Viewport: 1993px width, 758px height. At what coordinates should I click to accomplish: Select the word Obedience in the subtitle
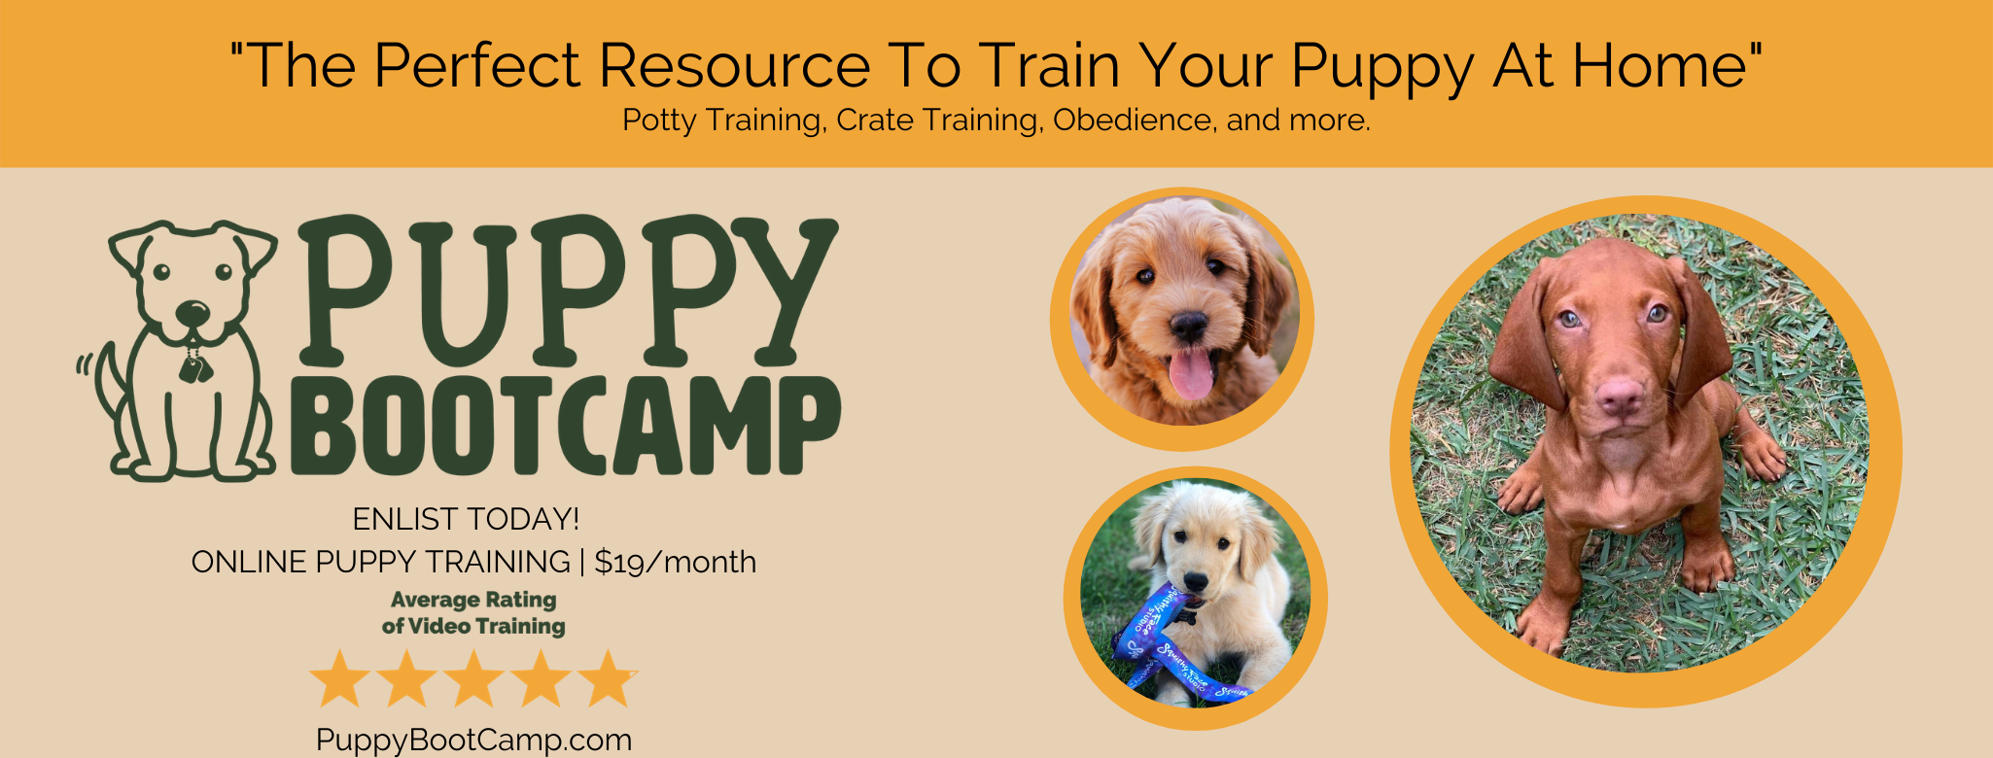pos(1133,121)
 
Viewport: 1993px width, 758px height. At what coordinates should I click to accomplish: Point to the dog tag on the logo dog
pos(192,367)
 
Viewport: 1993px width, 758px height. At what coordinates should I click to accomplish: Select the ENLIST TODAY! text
pos(466,519)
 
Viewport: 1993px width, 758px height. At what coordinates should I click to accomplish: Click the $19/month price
pos(675,562)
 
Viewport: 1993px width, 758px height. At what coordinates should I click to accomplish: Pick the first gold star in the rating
pos(338,679)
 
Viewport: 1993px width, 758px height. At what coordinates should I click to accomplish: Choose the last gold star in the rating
pos(610,679)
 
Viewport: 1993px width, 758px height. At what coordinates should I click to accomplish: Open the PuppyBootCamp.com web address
pos(473,740)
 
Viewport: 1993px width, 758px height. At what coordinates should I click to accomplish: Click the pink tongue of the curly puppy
pos(1191,373)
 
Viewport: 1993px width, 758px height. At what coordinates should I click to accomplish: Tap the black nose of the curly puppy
pos(1188,326)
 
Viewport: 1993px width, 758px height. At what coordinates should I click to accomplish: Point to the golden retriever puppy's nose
pos(1196,582)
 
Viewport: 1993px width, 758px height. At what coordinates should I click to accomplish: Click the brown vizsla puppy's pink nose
pos(1620,394)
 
